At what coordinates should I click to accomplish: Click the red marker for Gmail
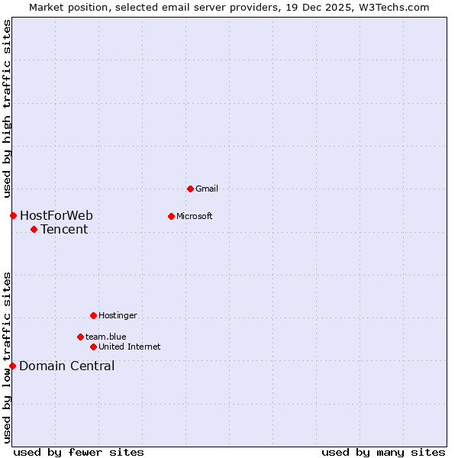[x=190, y=189]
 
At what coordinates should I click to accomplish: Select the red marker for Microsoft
[x=171, y=216]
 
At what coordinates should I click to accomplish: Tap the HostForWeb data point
[x=13, y=215]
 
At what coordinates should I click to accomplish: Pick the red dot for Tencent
[x=34, y=229]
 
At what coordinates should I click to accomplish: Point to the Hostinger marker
[x=93, y=315]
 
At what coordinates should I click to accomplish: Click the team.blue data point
[x=80, y=337]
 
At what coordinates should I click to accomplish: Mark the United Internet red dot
[x=93, y=347]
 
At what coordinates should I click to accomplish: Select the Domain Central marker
[x=12, y=366]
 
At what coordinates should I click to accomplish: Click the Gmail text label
[x=207, y=189]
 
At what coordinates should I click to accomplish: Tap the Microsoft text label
[x=195, y=216]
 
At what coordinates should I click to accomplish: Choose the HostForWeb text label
[x=56, y=215]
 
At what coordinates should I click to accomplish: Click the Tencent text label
[x=64, y=229]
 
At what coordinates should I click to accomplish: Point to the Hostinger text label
[x=118, y=315]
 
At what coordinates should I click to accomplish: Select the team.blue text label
[x=106, y=337]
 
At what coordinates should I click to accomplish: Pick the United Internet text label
[x=130, y=347]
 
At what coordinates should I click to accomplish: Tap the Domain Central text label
[x=67, y=366]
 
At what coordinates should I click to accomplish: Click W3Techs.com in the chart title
[x=393, y=7]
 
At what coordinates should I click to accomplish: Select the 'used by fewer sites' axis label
[x=79, y=452]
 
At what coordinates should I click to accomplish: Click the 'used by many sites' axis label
[x=383, y=452]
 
